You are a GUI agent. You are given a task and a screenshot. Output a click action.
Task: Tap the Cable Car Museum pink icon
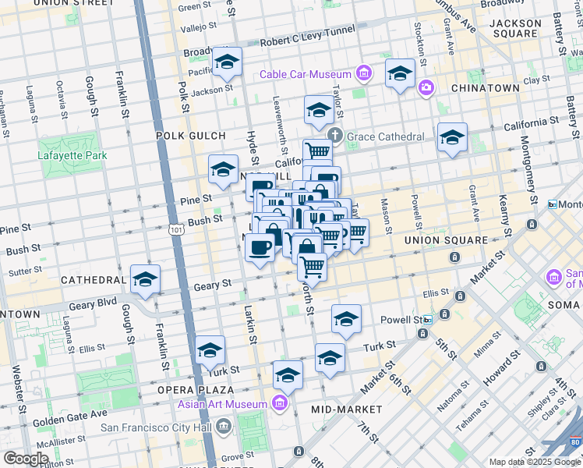[363, 75]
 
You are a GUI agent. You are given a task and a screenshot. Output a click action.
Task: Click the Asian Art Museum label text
[222, 403]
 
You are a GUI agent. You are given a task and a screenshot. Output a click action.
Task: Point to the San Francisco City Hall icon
[224, 427]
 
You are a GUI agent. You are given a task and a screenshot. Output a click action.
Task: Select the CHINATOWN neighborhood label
[485, 88]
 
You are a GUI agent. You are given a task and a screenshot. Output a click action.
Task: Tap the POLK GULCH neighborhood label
[190, 136]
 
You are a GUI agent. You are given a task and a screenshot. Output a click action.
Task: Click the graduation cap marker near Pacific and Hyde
[227, 62]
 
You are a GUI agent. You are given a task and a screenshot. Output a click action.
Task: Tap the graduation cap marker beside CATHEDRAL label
[145, 279]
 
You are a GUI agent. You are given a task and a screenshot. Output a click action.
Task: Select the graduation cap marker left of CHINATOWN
[400, 73]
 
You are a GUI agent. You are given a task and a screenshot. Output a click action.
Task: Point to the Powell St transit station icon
[428, 320]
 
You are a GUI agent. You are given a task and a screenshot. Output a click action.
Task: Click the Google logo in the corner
[26, 458]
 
